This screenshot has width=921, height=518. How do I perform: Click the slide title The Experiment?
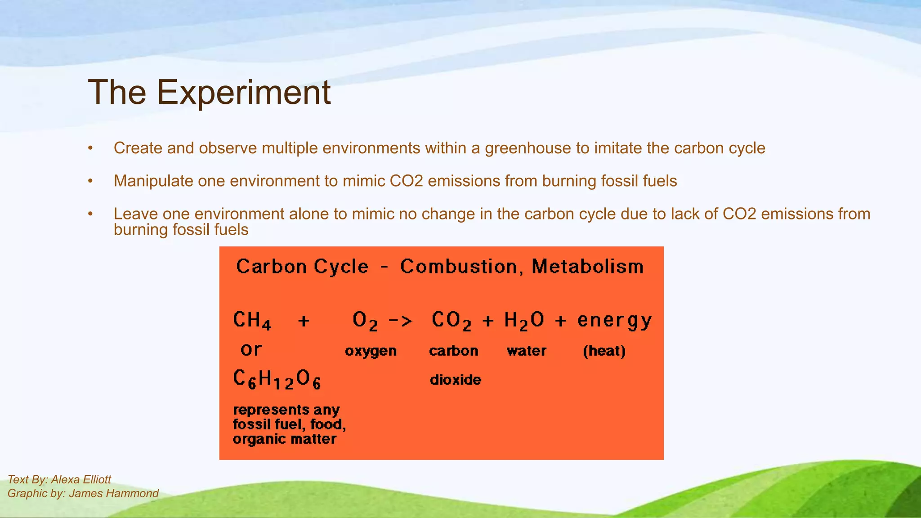pyautogui.click(x=209, y=93)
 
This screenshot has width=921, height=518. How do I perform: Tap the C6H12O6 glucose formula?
pyautogui.click(x=277, y=379)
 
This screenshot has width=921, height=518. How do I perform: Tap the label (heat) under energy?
pyautogui.click(x=604, y=351)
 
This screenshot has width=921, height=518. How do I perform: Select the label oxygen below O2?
pyautogui.click(x=371, y=351)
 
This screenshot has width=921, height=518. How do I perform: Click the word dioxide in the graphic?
pyautogui.click(x=455, y=380)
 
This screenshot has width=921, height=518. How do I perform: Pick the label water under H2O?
pyautogui.click(x=526, y=351)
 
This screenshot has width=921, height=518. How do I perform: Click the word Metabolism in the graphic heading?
pyautogui.click(x=587, y=267)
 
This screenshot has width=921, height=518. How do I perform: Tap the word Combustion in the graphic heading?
pyautogui.click(x=459, y=267)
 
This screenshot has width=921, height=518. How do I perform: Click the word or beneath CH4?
pyautogui.click(x=251, y=349)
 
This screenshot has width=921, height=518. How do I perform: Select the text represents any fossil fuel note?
pyautogui.click(x=289, y=424)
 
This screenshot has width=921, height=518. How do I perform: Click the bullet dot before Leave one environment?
pyautogui.click(x=90, y=214)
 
